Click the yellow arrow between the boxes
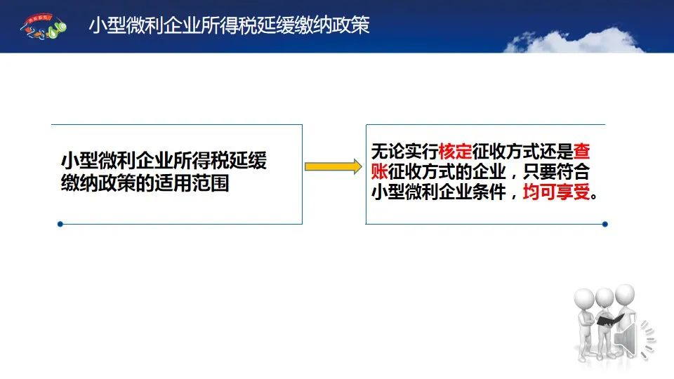333,166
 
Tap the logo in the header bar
44,27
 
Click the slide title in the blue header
229,25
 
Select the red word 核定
455,152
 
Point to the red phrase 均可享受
556,192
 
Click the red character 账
380,171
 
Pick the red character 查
581,152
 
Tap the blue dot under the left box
60,224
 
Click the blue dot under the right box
604,224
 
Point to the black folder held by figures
609,319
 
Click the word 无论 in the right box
388,152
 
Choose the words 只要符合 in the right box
556,171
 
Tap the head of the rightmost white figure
625,294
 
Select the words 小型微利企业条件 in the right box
438,192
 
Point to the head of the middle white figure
604,297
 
